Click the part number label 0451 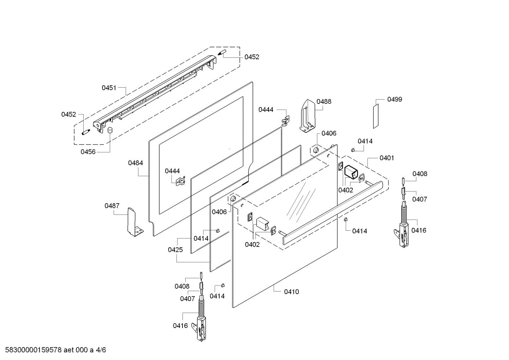click(109, 88)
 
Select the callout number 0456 click(88, 152)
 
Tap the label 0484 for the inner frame click(136, 163)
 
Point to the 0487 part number click(112, 206)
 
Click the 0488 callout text click(324, 101)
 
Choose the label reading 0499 click(394, 99)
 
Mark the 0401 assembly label click(387, 158)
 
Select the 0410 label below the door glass click(291, 292)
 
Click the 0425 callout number click(175, 250)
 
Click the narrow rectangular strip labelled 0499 click(376, 116)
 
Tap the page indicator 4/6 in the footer click(101, 350)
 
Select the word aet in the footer click(70, 350)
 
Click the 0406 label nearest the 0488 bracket click(329, 134)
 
